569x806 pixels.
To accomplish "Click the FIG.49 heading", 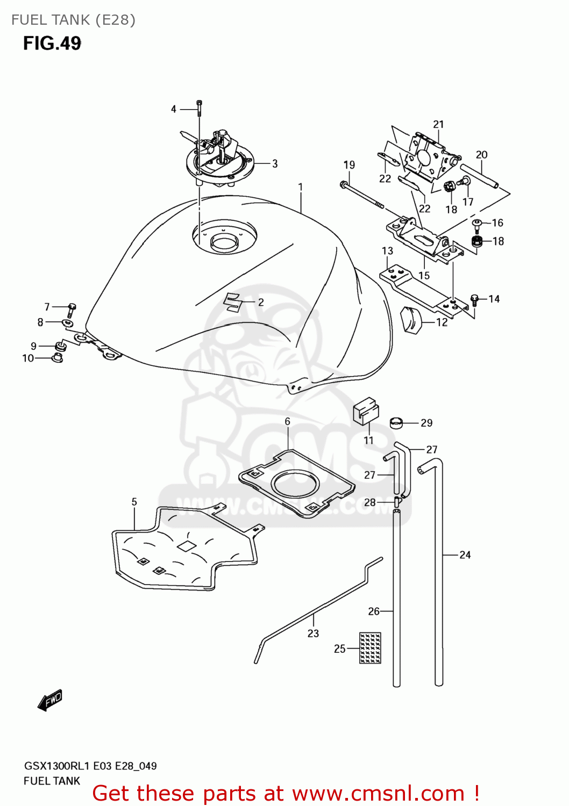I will coord(52,43).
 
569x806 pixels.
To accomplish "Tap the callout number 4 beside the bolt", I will coord(173,109).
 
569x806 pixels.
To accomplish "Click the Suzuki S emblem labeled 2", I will coord(233,302).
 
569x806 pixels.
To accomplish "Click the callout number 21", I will coord(438,124).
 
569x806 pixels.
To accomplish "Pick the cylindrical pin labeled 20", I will coord(479,177).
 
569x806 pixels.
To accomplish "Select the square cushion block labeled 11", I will coord(366,411).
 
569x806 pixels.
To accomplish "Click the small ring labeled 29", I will coord(396,423).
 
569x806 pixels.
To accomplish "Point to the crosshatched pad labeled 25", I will coord(370,648).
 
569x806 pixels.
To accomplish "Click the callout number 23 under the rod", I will coord(313,634).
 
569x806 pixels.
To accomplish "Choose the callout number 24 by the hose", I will coord(465,555).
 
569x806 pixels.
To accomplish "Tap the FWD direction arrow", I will coord(50,700).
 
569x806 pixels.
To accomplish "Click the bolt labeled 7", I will coord(71,310).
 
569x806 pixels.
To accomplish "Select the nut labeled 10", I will coord(56,357).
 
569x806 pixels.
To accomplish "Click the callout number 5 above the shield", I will coord(134,502).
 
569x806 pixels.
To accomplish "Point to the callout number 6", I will coord(287,422).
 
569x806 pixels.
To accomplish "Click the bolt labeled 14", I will coord(474,300).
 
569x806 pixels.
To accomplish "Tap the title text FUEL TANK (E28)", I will coord(73,20).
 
